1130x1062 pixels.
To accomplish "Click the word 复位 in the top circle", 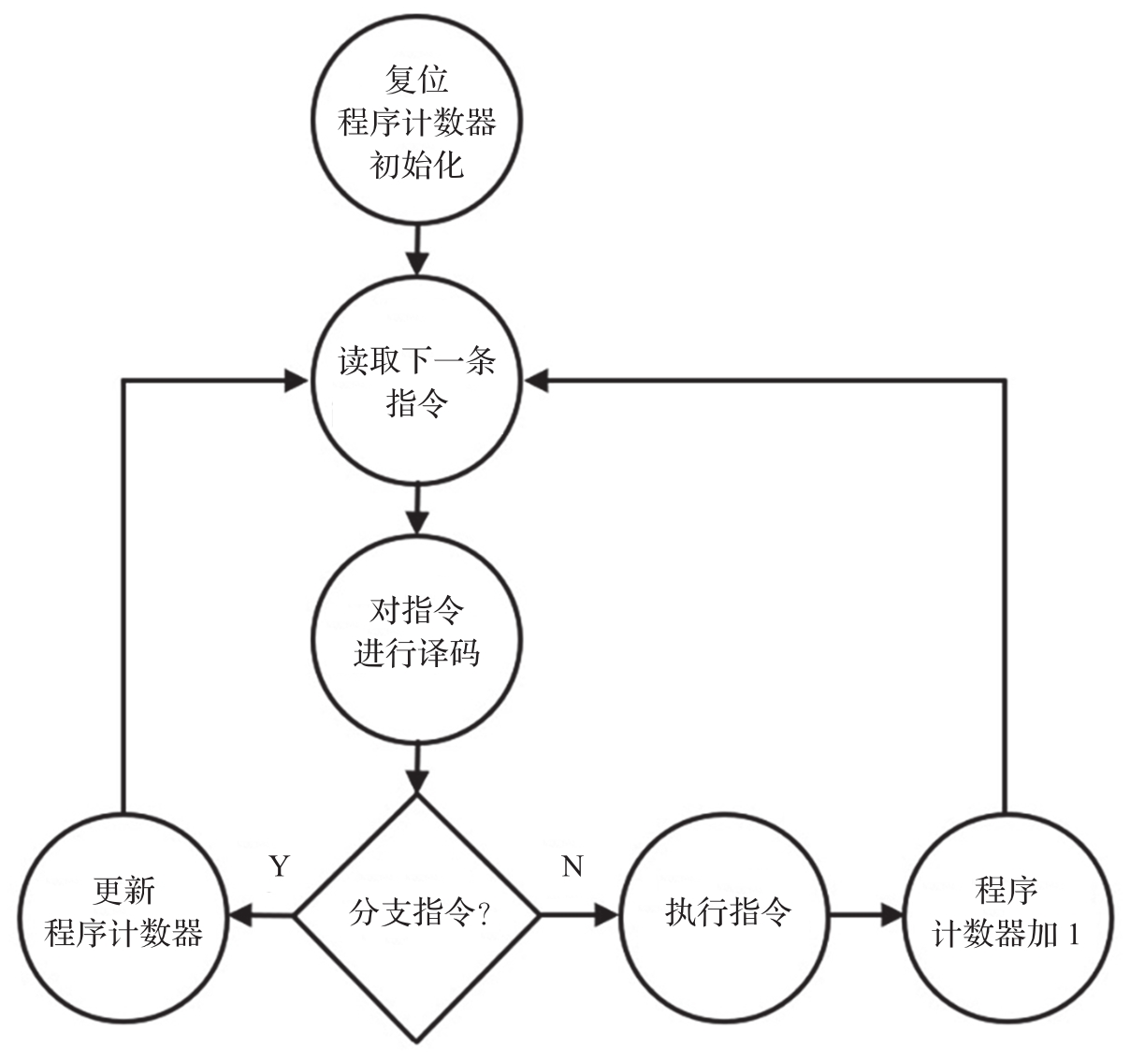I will pos(416,80).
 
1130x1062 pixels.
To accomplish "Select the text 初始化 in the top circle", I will pos(416,166).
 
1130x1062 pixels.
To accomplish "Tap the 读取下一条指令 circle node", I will pos(416,383).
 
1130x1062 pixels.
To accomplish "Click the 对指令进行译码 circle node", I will pos(416,633).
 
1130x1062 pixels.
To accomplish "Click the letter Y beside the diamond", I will pos(279,866).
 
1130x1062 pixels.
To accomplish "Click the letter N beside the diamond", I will pos(572,866).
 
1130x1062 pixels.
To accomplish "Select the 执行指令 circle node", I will pos(727,913).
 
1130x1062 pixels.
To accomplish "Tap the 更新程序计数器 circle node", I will pos(123,913).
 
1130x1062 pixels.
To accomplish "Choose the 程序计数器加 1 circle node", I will pos(1006,913).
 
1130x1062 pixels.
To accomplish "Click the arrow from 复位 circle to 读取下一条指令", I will pos(416,250).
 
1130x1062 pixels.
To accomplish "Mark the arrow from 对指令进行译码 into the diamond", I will pos(416,766).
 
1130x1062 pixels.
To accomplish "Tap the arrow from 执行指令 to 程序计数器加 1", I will pos(865,914).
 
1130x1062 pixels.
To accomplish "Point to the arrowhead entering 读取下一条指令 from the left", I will pos(297,381).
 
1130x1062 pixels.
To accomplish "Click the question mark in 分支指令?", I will pos(484,913).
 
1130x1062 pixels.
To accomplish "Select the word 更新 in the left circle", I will pos(123,891).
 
